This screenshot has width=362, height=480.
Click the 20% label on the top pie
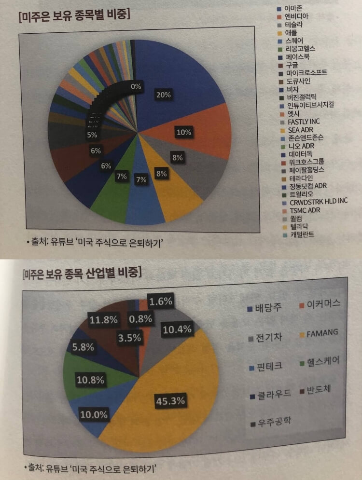point(163,95)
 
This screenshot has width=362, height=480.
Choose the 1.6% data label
point(160,302)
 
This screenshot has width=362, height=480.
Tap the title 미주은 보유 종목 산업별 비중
point(82,274)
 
